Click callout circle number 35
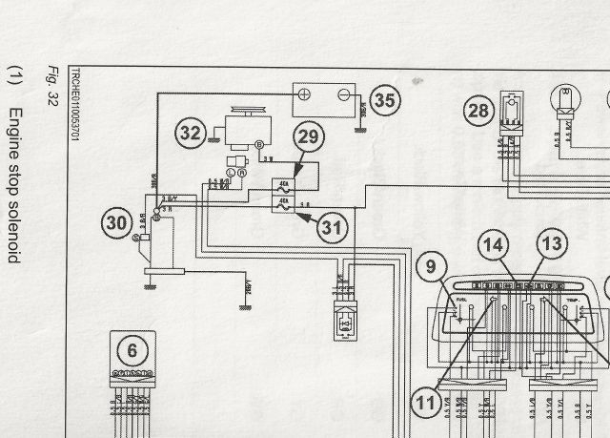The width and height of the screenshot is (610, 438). tap(384, 99)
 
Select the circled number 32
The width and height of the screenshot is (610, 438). tap(191, 134)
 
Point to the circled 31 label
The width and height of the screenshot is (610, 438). tap(331, 228)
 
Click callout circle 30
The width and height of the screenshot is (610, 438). tap(116, 223)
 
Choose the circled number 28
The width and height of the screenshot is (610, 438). tap(480, 110)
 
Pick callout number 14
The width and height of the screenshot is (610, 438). tap(493, 244)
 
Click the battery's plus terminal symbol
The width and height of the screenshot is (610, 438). tap(304, 96)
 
